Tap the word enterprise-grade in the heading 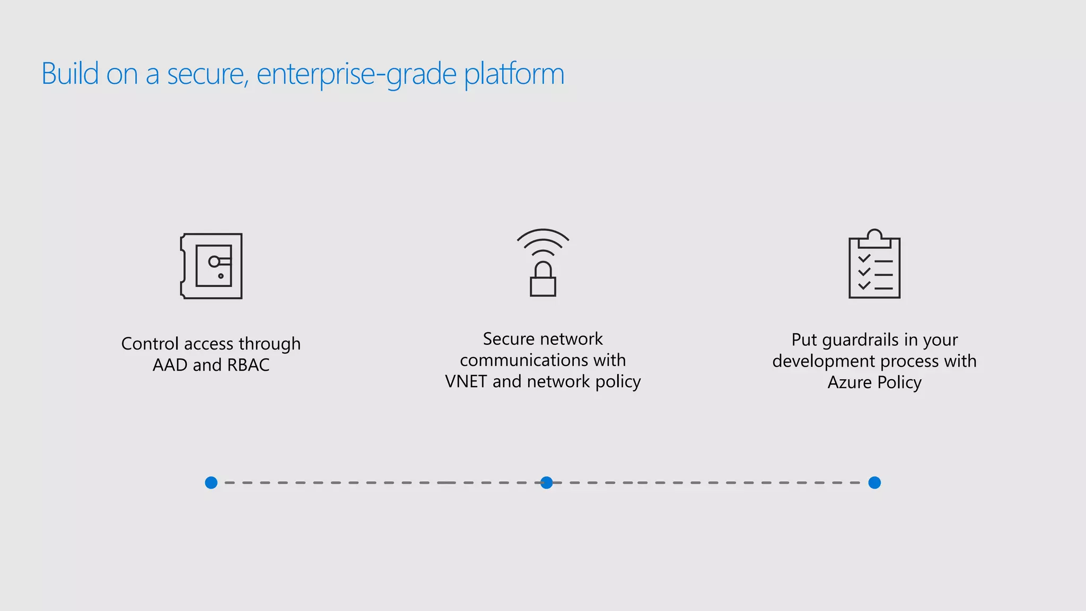click(356, 74)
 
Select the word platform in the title click(514, 74)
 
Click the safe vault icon click(212, 266)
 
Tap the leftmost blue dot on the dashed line click(211, 483)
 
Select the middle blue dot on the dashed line click(547, 483)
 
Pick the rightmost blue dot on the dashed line click(874, 483)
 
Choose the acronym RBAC click(248, 365)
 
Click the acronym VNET click(466, 381)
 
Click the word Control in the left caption click(150, 344)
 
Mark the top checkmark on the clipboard click(864, 258)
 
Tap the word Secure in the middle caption click(508, 339)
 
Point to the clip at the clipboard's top click(874, 238)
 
